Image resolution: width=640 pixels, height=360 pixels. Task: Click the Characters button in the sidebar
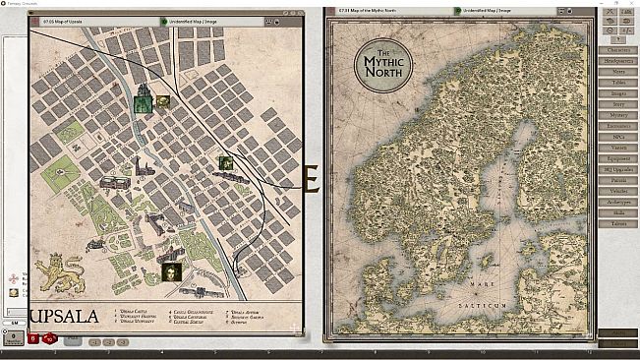coord(617,46)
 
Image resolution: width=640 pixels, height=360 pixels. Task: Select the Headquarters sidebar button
coord(617,58)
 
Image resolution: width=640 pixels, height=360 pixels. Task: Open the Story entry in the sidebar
coord(617,103)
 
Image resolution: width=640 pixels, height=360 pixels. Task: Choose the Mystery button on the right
coord(617,115)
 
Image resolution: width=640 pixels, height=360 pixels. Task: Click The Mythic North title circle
coord(383,64)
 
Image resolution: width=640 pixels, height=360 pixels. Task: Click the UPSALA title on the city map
coord(65,316)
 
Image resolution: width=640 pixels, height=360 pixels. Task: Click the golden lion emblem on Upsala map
coord(59,274)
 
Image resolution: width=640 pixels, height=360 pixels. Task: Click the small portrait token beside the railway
coord(225,163)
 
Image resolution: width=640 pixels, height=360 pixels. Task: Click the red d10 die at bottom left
coord(32,339)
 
